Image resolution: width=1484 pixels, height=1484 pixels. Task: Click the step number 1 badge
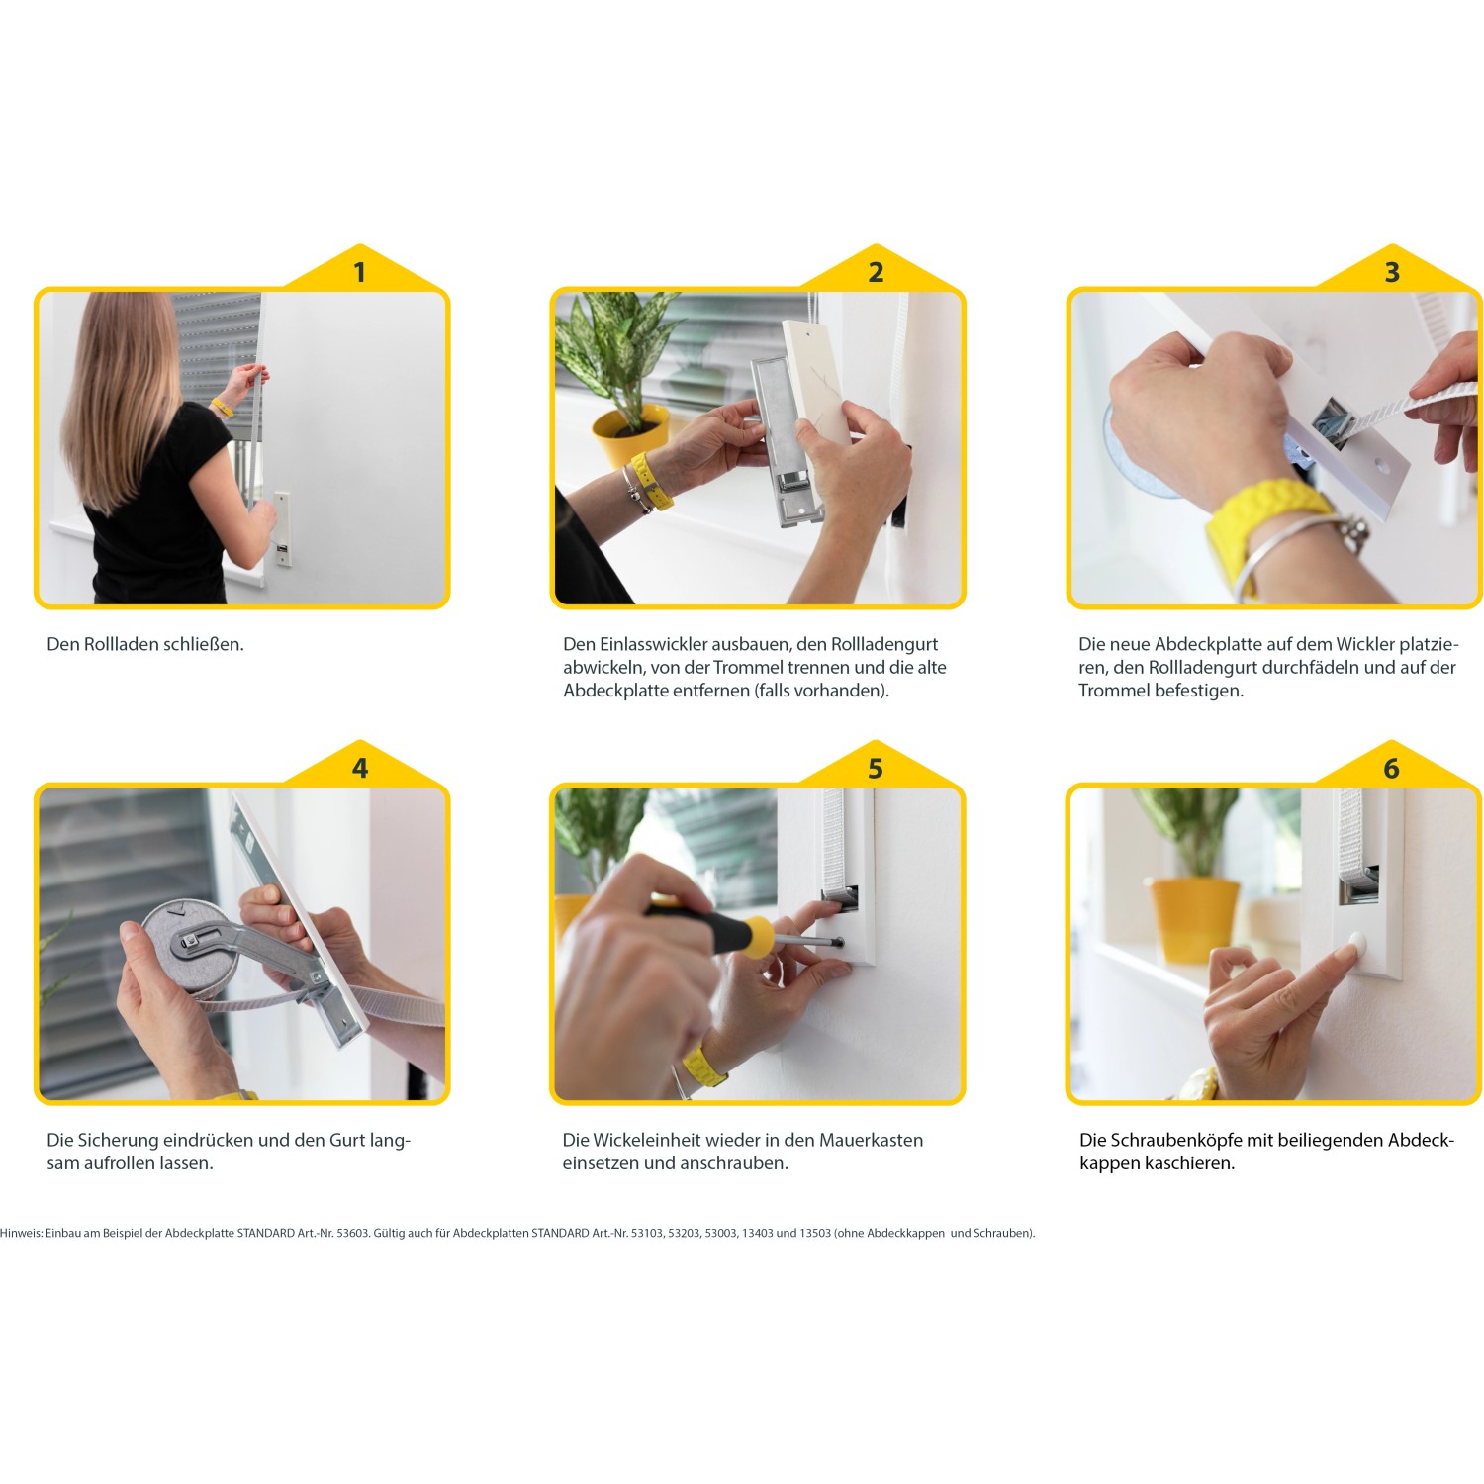coord(360,272)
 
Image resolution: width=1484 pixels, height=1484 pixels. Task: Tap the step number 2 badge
coord(876,272)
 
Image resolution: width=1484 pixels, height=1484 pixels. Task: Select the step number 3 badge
coord(1392,272)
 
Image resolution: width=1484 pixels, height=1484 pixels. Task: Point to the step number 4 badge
coord(360,768)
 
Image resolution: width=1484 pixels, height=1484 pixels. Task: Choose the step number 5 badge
coord(876,768)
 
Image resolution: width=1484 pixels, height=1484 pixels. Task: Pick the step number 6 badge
coord(1392,768)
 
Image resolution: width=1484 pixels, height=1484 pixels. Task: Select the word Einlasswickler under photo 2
coord(653,644)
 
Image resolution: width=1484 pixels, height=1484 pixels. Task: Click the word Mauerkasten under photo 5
coord(871,1140)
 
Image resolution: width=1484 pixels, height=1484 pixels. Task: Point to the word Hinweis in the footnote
coord(21,1233)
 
